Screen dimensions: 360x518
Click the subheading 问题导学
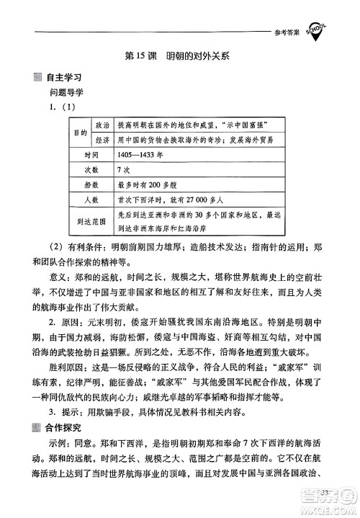[x=66, y=92]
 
